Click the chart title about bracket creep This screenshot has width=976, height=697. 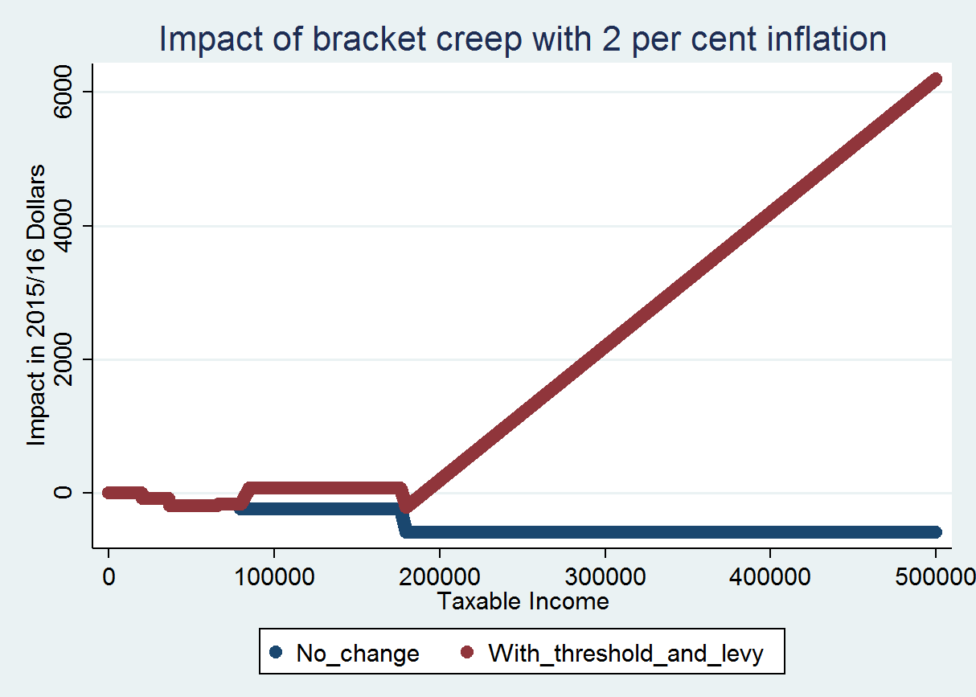523,39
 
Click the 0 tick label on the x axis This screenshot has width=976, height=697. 108,577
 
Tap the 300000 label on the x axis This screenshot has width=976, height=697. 605,577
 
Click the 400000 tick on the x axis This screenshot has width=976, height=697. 770,577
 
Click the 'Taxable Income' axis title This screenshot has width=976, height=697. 523,601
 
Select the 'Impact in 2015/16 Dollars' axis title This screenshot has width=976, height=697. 36,305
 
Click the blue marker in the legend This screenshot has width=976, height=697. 276,653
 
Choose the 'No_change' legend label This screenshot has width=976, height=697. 358,654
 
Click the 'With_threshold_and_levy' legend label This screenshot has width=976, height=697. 625,654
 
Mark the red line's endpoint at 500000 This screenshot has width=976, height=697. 935,80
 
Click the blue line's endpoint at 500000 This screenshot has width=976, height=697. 935,532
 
